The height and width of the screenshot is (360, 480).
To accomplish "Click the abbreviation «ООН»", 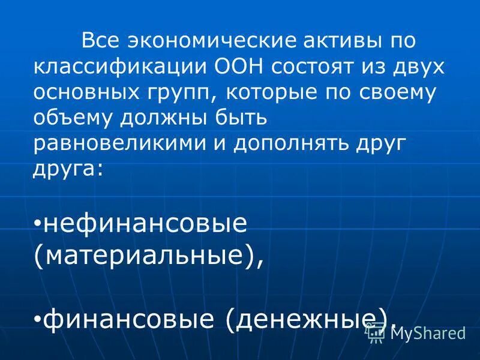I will pyautogui.click(x=236, y=67).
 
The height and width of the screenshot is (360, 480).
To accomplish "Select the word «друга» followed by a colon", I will pyautogui.click(x=68, y=170).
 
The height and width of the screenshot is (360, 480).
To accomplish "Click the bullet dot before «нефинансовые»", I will pyautogui.click(x=37, y=224).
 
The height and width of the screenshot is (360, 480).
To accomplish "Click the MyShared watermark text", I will pyautogui.click(x=427, y=334).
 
